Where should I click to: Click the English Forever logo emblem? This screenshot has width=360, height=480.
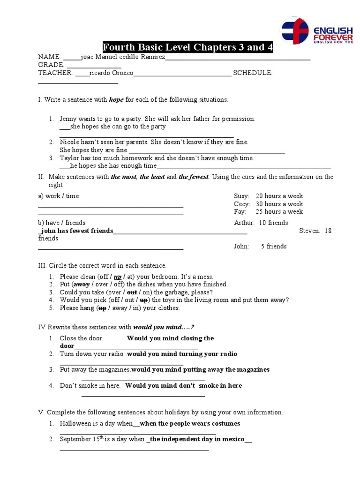(x=294, y=30)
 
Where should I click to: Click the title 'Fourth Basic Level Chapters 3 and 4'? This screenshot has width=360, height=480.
(x=187, y=48)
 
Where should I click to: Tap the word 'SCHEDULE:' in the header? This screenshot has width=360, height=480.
(x=253, y=73)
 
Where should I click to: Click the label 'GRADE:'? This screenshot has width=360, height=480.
(x=51, y=65)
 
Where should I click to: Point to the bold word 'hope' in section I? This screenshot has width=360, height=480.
(x=116, y=99)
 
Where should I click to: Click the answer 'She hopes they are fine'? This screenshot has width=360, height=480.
(x=93, y=150)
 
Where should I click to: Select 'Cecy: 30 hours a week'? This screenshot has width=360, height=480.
(x=268, y=204)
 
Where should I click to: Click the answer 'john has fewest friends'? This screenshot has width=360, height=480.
(x=76, y=231)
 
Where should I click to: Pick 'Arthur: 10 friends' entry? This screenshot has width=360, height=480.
(x=261, y=223)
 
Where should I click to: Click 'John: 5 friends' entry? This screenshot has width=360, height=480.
(x=260, y=246)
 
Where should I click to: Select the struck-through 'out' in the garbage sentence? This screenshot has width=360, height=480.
(x=132, y=292)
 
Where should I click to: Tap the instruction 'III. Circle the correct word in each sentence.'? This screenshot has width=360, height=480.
(x=102, y=265)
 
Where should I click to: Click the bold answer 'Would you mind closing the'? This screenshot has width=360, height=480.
(x=170, y=338)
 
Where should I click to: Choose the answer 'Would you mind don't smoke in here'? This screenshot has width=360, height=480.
(x=184, y=385)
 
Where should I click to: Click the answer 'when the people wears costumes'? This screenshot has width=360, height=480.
(x=190, y=423)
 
